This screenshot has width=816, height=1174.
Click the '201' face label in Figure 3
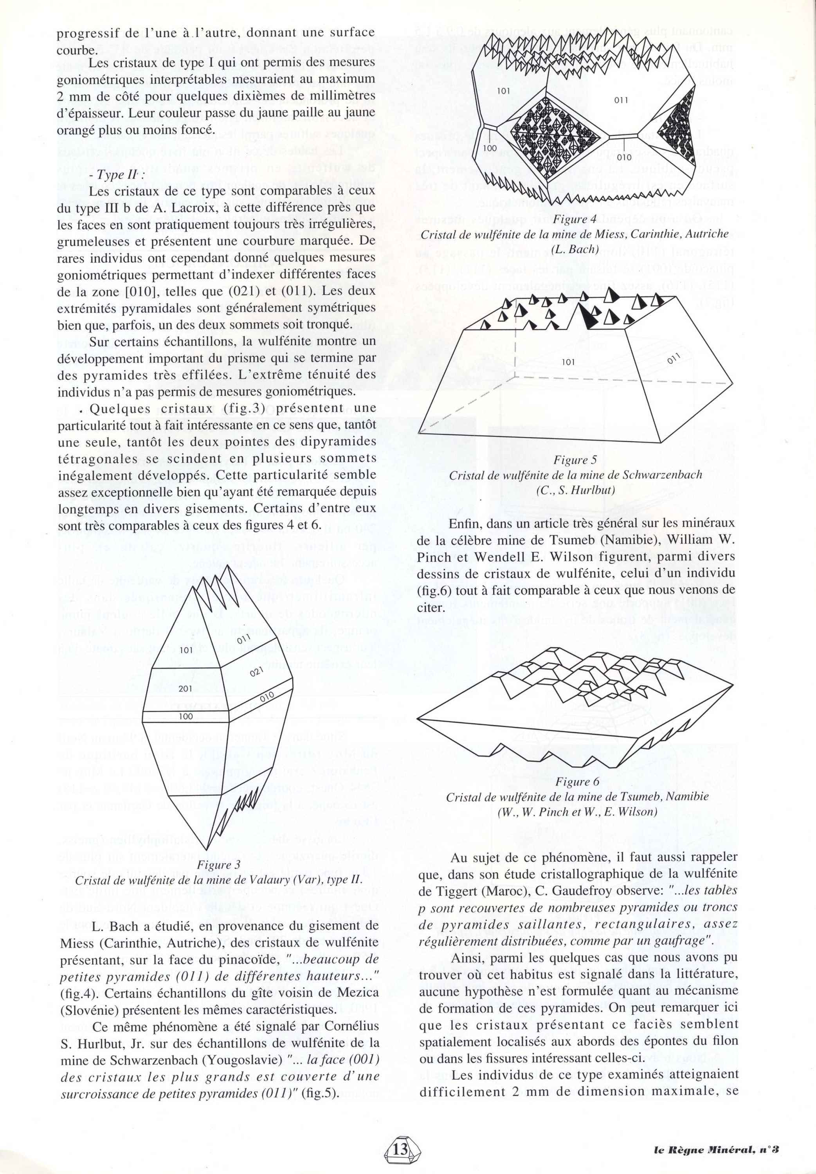[185, 689]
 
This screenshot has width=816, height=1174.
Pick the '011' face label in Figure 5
[674, 361]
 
